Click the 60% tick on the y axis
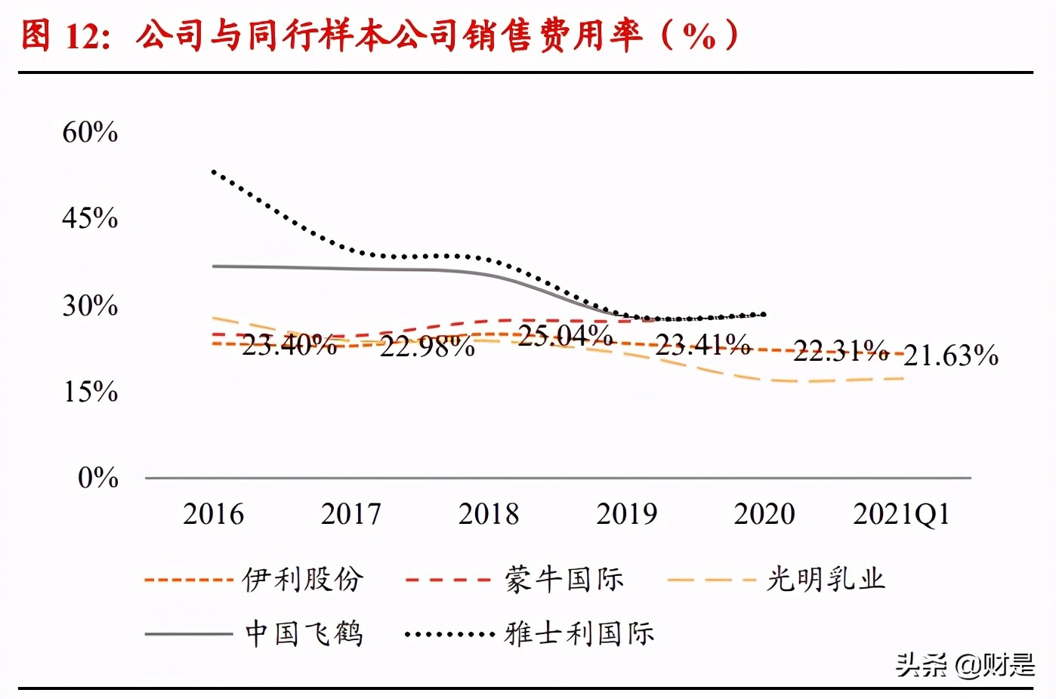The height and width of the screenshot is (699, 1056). [x=90, y=132]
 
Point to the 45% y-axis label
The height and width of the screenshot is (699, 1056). [x=90, y=218]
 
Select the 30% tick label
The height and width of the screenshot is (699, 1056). [x=90, y=306]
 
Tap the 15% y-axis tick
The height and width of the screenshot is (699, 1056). [x=90, y=392]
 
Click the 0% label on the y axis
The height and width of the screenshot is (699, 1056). [x=98, y=477]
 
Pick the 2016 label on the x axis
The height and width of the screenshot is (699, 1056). [x=213, y=514]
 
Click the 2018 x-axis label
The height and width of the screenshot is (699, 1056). [x=489, y=514]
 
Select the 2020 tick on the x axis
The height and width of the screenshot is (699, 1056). [x=764, y=514]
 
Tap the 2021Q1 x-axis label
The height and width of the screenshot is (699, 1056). [x=901, y=514]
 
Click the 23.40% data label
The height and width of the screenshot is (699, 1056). [x=289, y=345]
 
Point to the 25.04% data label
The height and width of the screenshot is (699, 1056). [x=565, y=335]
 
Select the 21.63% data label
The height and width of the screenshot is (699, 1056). [x=951, y=355]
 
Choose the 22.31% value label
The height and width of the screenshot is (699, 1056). [x=841, y=350]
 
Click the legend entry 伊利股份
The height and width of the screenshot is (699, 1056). [x=303, y=580]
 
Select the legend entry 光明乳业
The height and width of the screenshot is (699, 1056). [x=826, y=580]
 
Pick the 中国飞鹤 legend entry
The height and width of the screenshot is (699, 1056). [x=304, y=633]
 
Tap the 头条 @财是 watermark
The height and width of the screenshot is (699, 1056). [x=965, y=665]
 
